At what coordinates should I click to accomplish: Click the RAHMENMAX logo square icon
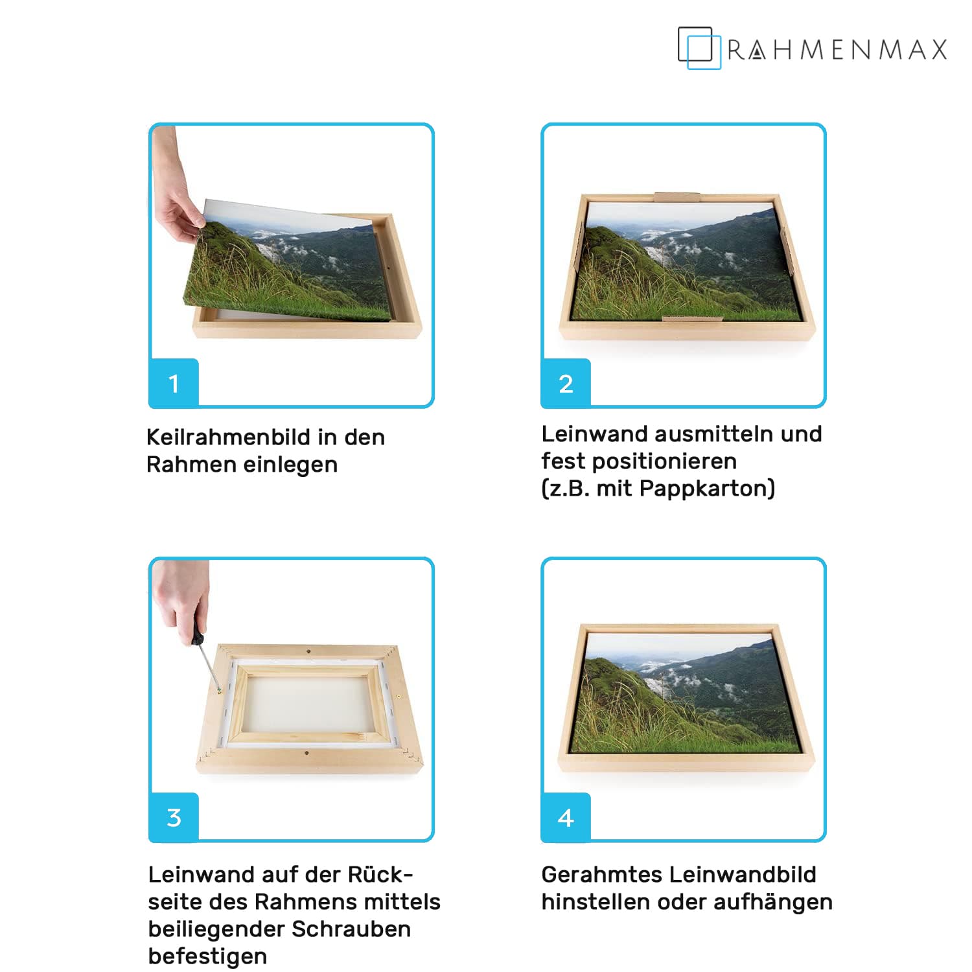tap(699, 48)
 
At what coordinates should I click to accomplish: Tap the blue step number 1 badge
tap(174, 383)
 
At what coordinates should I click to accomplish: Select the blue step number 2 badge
tap(566, 383)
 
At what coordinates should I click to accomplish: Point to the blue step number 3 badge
tap(174, 817)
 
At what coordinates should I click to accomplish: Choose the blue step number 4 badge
tap(566, 817)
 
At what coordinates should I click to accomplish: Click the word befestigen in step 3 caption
tap(207, 956)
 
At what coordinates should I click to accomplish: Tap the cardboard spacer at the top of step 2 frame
tap(677, 196)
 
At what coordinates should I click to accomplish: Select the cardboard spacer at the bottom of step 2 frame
tap(692, 318)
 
